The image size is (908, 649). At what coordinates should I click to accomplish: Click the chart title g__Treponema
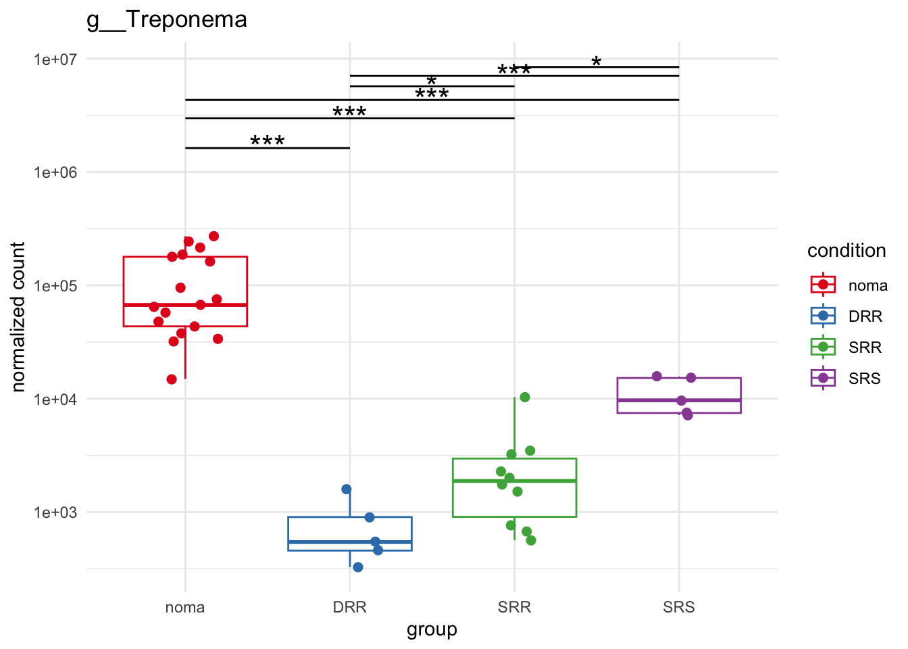point(167,20)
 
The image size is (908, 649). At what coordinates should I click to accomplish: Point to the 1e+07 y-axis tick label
point(55,59)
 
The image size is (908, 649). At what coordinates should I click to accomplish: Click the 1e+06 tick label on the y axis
point(55,172)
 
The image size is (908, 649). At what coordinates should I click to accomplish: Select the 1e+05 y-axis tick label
point(55,286)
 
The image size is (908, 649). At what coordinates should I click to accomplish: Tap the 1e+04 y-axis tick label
point(55,400)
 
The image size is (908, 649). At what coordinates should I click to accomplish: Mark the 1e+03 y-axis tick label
point(55,512)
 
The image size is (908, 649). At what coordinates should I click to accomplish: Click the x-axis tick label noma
point(185,607)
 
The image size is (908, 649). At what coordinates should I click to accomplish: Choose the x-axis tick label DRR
point(350,607)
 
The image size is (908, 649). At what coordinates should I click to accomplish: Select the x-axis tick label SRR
point(514,607)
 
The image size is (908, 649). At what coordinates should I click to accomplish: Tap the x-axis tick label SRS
point(679,607)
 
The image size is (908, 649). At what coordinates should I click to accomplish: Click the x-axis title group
point(432,629)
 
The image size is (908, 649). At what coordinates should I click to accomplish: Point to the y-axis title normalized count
point(18,317)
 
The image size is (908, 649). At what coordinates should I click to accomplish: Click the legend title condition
point(847,251)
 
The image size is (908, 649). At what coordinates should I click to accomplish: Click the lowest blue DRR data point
point(358,567)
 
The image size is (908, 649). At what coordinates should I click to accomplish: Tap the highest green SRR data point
point(525,397)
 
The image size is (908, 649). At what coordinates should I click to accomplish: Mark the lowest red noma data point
point(172,379)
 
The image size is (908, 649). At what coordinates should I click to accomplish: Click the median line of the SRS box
point(679,400)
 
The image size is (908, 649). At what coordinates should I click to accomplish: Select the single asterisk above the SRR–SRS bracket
point(597,62)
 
